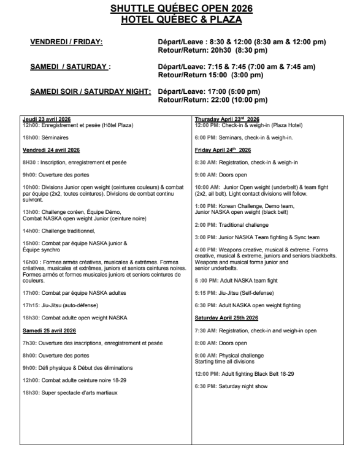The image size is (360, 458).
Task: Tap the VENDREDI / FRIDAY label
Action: [x=66, y=41]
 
